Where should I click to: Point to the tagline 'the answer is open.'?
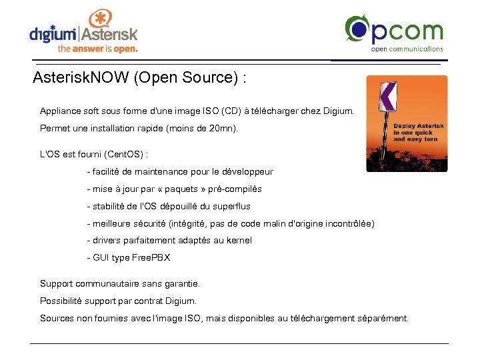pyautogui.click(x=97, y=49)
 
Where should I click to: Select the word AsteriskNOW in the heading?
pyautogui.click(x=81, y=78)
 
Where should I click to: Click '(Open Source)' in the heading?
pyautogui.click(x=187, y=78)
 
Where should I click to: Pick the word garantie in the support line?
pyautogui.click(x=181, y=283)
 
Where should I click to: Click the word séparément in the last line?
pyautogui.click(x=384, y=318)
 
